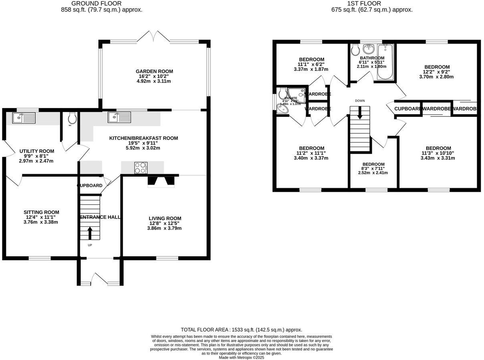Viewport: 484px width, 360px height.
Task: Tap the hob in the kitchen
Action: tap(141, 168)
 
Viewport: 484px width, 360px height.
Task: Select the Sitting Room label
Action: tap(41, 212)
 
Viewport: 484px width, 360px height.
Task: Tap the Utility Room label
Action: tap(37, 151)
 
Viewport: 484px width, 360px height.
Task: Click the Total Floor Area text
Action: tap(242, 330)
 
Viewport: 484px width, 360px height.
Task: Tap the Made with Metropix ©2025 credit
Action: tap(242, 358)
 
